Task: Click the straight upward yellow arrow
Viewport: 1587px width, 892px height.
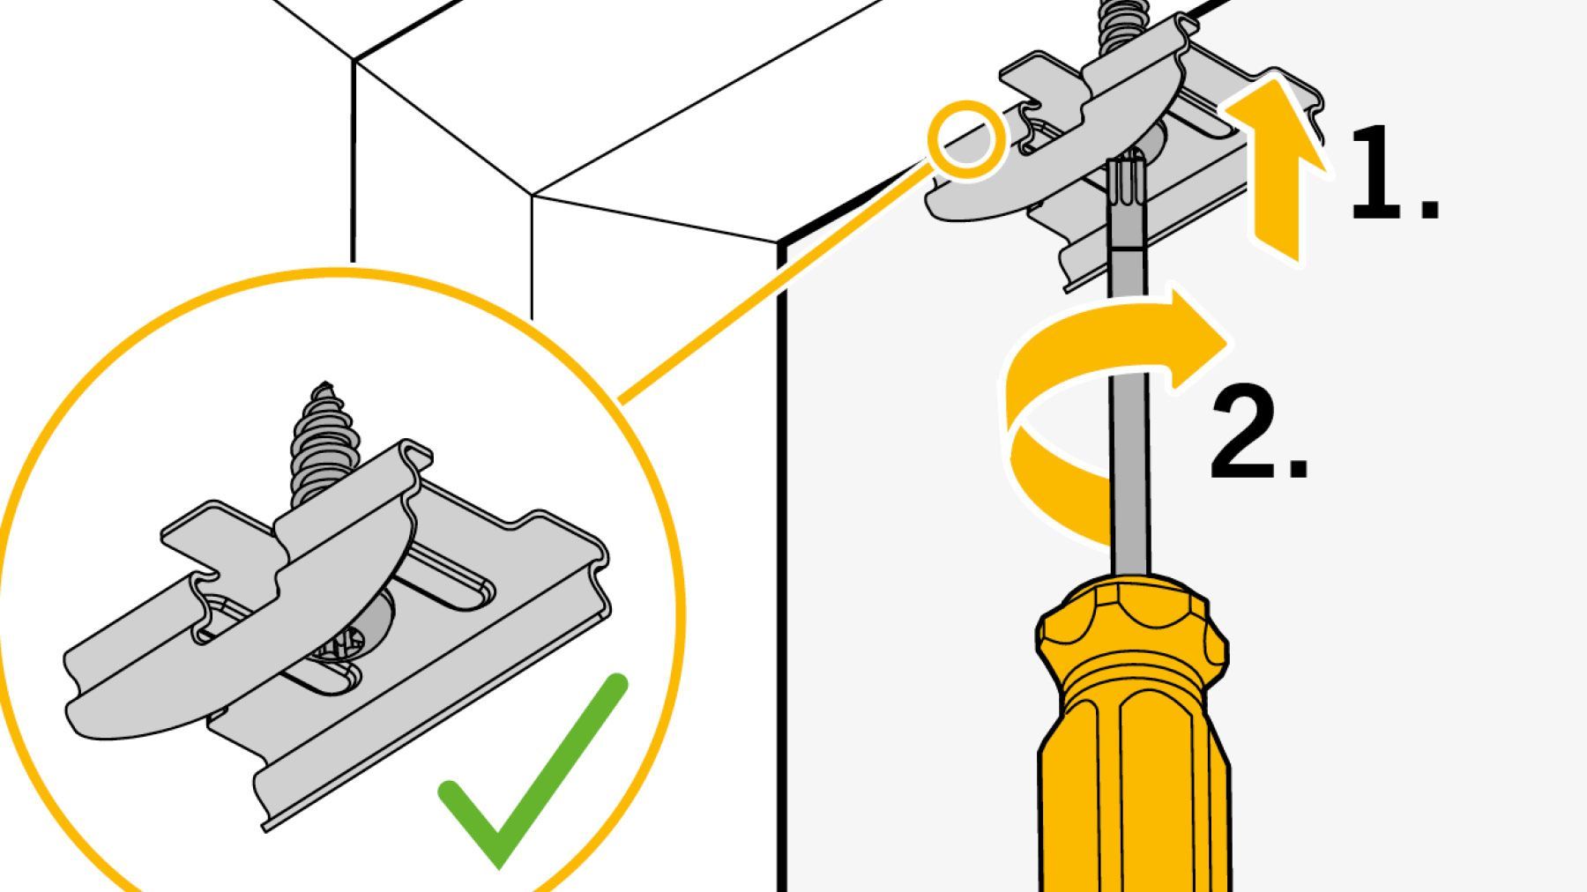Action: [x=1273, y=167]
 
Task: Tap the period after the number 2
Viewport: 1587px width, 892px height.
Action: [x=1297, y=468]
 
